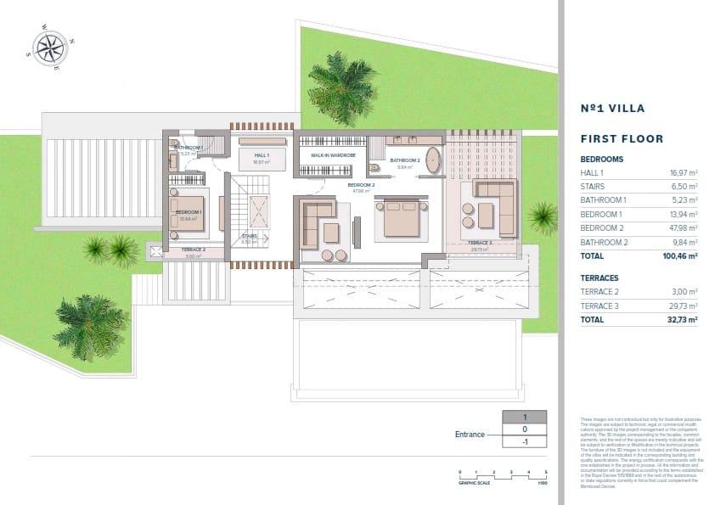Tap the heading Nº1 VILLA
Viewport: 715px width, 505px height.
(x=612, y=109)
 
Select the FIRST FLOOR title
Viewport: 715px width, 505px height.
(x=621, y=138)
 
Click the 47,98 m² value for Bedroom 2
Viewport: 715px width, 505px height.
(x=683, y=227)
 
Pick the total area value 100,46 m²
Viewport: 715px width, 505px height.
(x=680, y=255)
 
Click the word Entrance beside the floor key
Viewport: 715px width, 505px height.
(x=470, y=435)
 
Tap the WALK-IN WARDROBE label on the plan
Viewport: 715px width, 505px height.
(x=332, y=156)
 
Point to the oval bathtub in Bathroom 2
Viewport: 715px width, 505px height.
(x=432, y=160)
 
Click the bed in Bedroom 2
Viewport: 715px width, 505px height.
(x=400, y=219)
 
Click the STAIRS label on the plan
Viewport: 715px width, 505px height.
(x=249, y=237)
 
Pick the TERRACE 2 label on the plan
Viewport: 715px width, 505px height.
(x=193, y=250)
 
